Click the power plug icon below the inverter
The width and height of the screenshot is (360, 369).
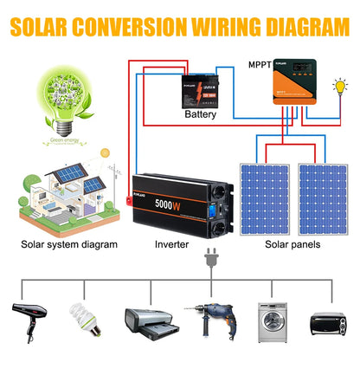(209, 259)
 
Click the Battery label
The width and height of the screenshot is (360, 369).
(201, 113)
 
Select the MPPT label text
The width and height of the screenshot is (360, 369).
(260, 64)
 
